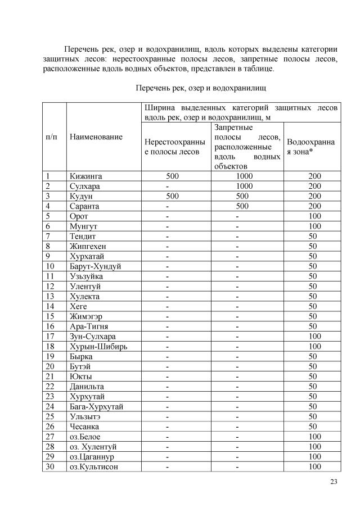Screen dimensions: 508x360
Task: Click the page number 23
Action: (x=333, y=481)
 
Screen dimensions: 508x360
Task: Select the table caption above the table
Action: (x=200, y=88)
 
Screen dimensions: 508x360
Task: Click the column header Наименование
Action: (x=96, y=137)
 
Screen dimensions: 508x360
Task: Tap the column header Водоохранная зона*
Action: (x=310, y=146)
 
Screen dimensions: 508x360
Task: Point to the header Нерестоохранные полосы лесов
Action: (x=175, y=147)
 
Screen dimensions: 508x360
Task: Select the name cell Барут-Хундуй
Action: (x=95, y=266)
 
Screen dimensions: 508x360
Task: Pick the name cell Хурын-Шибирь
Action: (x=98, y=346)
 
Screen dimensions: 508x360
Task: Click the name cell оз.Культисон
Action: (x=94, y=467)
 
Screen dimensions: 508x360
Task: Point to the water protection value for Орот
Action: (x=314, y=216)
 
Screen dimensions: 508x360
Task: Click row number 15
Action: (x=49, y=316)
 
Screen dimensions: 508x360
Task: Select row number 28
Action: (x=49, y=447)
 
